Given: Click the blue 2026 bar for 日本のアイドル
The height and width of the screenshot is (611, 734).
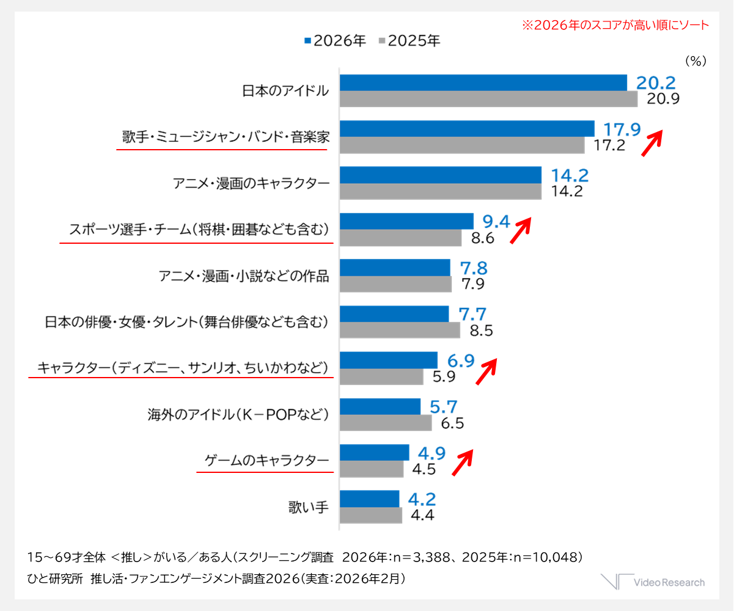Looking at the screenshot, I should [x=483, y=82].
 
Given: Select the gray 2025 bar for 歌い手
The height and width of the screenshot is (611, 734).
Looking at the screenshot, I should [x=370, y=515].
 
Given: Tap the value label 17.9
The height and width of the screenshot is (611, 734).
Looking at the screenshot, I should [x=622, y=130].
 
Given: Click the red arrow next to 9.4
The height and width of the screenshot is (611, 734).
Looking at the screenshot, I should [x=521, y=230].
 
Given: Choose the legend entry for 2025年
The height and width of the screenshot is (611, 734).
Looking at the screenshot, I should [x=409, y=41].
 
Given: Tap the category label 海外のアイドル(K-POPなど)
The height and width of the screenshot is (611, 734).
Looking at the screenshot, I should [x=238, y=415].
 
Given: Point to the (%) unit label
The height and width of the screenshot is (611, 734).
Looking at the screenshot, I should [x=695, y=60].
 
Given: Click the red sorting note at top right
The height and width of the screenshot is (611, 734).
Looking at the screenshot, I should [x=615, y=25].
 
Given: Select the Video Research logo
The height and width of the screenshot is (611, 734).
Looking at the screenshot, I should [x=652, y=582].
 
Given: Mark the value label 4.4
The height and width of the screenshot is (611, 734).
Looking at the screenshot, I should [x=422, y=515].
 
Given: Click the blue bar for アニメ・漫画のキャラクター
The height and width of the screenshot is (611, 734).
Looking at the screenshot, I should [x=440, y=175].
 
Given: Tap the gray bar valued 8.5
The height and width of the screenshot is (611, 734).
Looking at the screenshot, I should [x=400, y=330].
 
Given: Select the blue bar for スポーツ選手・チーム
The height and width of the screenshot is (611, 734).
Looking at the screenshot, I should [x=406, y=221].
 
